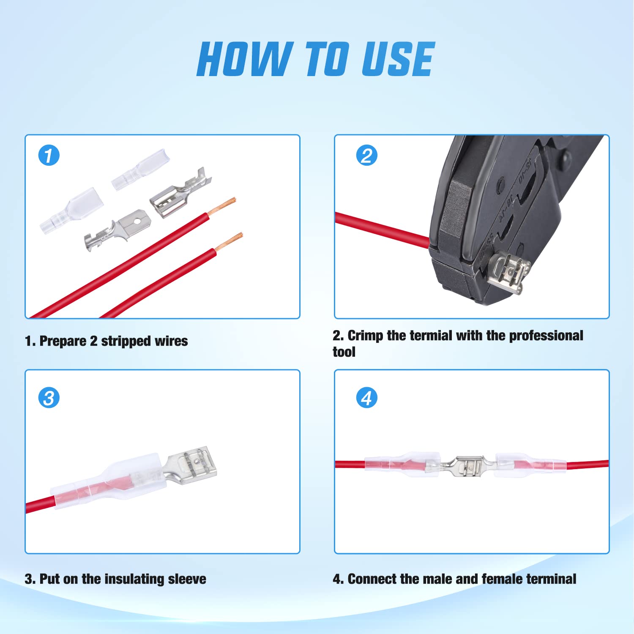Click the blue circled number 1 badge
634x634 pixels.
click(49, 155)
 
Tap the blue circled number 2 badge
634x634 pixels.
click(366, 155)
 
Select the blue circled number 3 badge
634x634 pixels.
click(49, 398)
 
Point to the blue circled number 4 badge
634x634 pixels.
click(366, 398)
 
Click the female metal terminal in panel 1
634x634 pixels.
click(180, 194)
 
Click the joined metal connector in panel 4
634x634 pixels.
click(467, 465)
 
